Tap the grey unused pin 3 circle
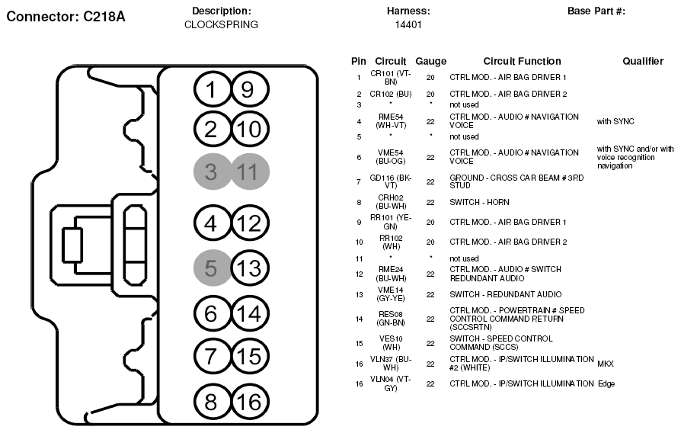click(x=212, y=172)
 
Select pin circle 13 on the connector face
click(x=250, y=268)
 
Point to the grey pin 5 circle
click(x=212, y=268)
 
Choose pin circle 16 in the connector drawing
click(x=250, y=403)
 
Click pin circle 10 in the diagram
click(x=250, y=129)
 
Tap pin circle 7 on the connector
click(x=212, y=356)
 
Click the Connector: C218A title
click(x=66, y=17)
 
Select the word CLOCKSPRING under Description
click(x=221, y=24)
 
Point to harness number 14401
click(x=408, y=24)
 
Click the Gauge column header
click(x=431, y=61)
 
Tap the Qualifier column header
click(x=643, y=61)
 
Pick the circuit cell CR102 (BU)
click(x=391, y=94)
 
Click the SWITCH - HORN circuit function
click(x=479, y=202)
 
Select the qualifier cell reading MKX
click(x=606, y=364)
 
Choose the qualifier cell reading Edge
click(x=606, y=384)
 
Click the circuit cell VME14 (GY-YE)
click(x=391, y=294)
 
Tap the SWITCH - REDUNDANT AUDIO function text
click(x=506, y=294)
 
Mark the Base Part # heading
click(x=596, y=11)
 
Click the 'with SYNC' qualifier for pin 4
click(x=615, y=121)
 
